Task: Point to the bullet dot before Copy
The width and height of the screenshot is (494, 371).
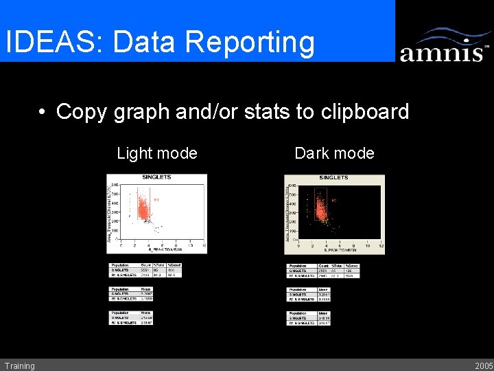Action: click(x=43, y=112)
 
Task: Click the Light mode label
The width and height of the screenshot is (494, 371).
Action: click(x=157, y=153)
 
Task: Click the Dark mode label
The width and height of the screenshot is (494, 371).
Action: click(x=334, y=153)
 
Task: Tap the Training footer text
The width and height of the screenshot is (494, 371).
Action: click(x=19, y=366)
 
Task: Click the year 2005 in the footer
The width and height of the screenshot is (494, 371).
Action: click(x=483, y=366)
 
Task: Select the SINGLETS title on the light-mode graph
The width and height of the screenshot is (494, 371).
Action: click(x=156, y=177)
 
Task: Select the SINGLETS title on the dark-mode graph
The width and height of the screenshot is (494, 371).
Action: click(x=333, y=177)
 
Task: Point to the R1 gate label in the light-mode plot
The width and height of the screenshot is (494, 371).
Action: click(x=156, y=200)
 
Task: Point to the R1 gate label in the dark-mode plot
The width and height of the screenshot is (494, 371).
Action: click(x=334, y=200)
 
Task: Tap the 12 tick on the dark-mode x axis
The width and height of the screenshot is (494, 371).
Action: click(x=381, y=245)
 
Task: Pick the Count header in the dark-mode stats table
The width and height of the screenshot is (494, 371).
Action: click(x=324, y=266)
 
